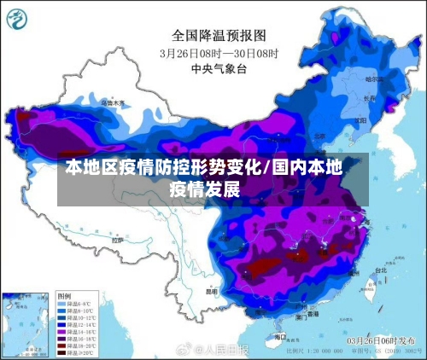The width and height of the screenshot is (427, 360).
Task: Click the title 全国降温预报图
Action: click(219, 35)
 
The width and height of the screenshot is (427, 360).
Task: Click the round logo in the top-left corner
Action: click(20, 18)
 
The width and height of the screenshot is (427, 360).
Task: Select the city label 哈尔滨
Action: click(374, 78)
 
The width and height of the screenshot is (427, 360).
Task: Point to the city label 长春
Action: click(369, 98)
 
